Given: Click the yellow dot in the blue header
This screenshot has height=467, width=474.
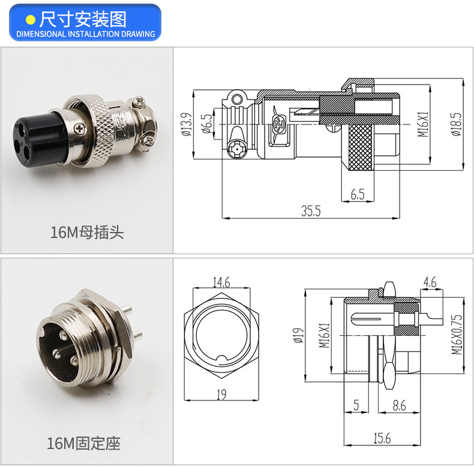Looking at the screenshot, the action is [31, 20].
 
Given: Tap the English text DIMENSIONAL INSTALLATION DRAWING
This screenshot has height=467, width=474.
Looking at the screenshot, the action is [86, 34].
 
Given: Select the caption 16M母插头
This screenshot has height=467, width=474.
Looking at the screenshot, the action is [87, 232].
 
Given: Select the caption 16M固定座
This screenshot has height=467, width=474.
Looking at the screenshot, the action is [84, 443].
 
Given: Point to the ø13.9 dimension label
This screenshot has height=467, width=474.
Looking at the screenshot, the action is [187, 125].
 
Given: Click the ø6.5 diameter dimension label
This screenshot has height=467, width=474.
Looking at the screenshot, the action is [207, 124].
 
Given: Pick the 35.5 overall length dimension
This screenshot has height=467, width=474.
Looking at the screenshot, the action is [311, 211].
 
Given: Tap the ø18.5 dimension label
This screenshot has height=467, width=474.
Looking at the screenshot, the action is [457, 125].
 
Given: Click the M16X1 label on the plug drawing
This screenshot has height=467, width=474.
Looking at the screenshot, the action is [423, 124].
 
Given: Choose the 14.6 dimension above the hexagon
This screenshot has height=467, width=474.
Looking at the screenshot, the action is [221, 282].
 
